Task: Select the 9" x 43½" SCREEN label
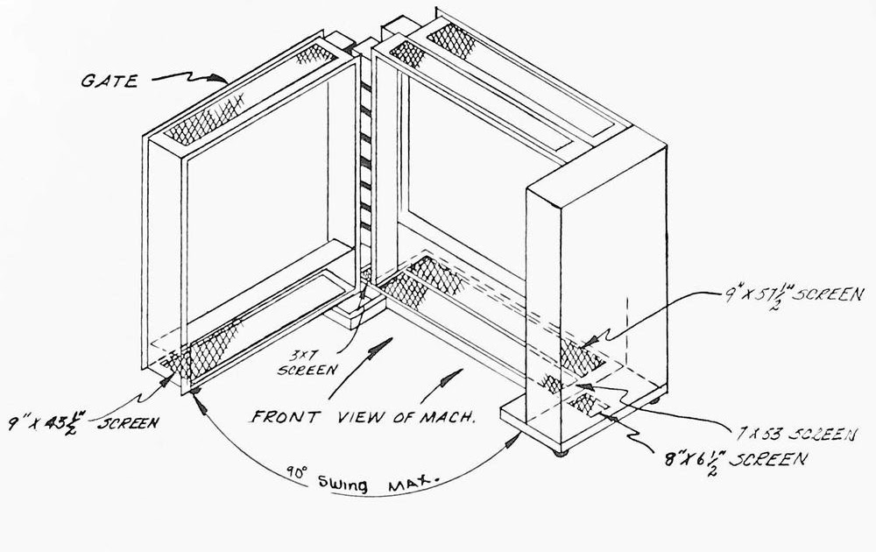coord(82,422)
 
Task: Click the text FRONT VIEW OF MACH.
coord(364,417)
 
